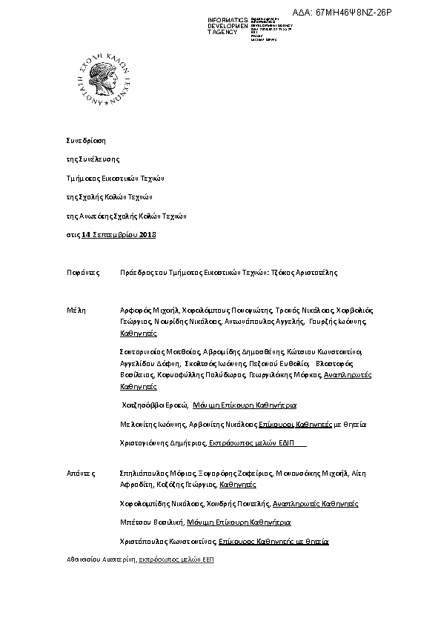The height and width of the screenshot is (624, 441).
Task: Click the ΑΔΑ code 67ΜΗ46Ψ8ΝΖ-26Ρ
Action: [x=342, y=13]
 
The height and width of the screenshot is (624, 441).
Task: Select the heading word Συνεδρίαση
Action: [x=86, y=139]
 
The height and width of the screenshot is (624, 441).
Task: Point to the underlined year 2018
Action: [x=148, y=235]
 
